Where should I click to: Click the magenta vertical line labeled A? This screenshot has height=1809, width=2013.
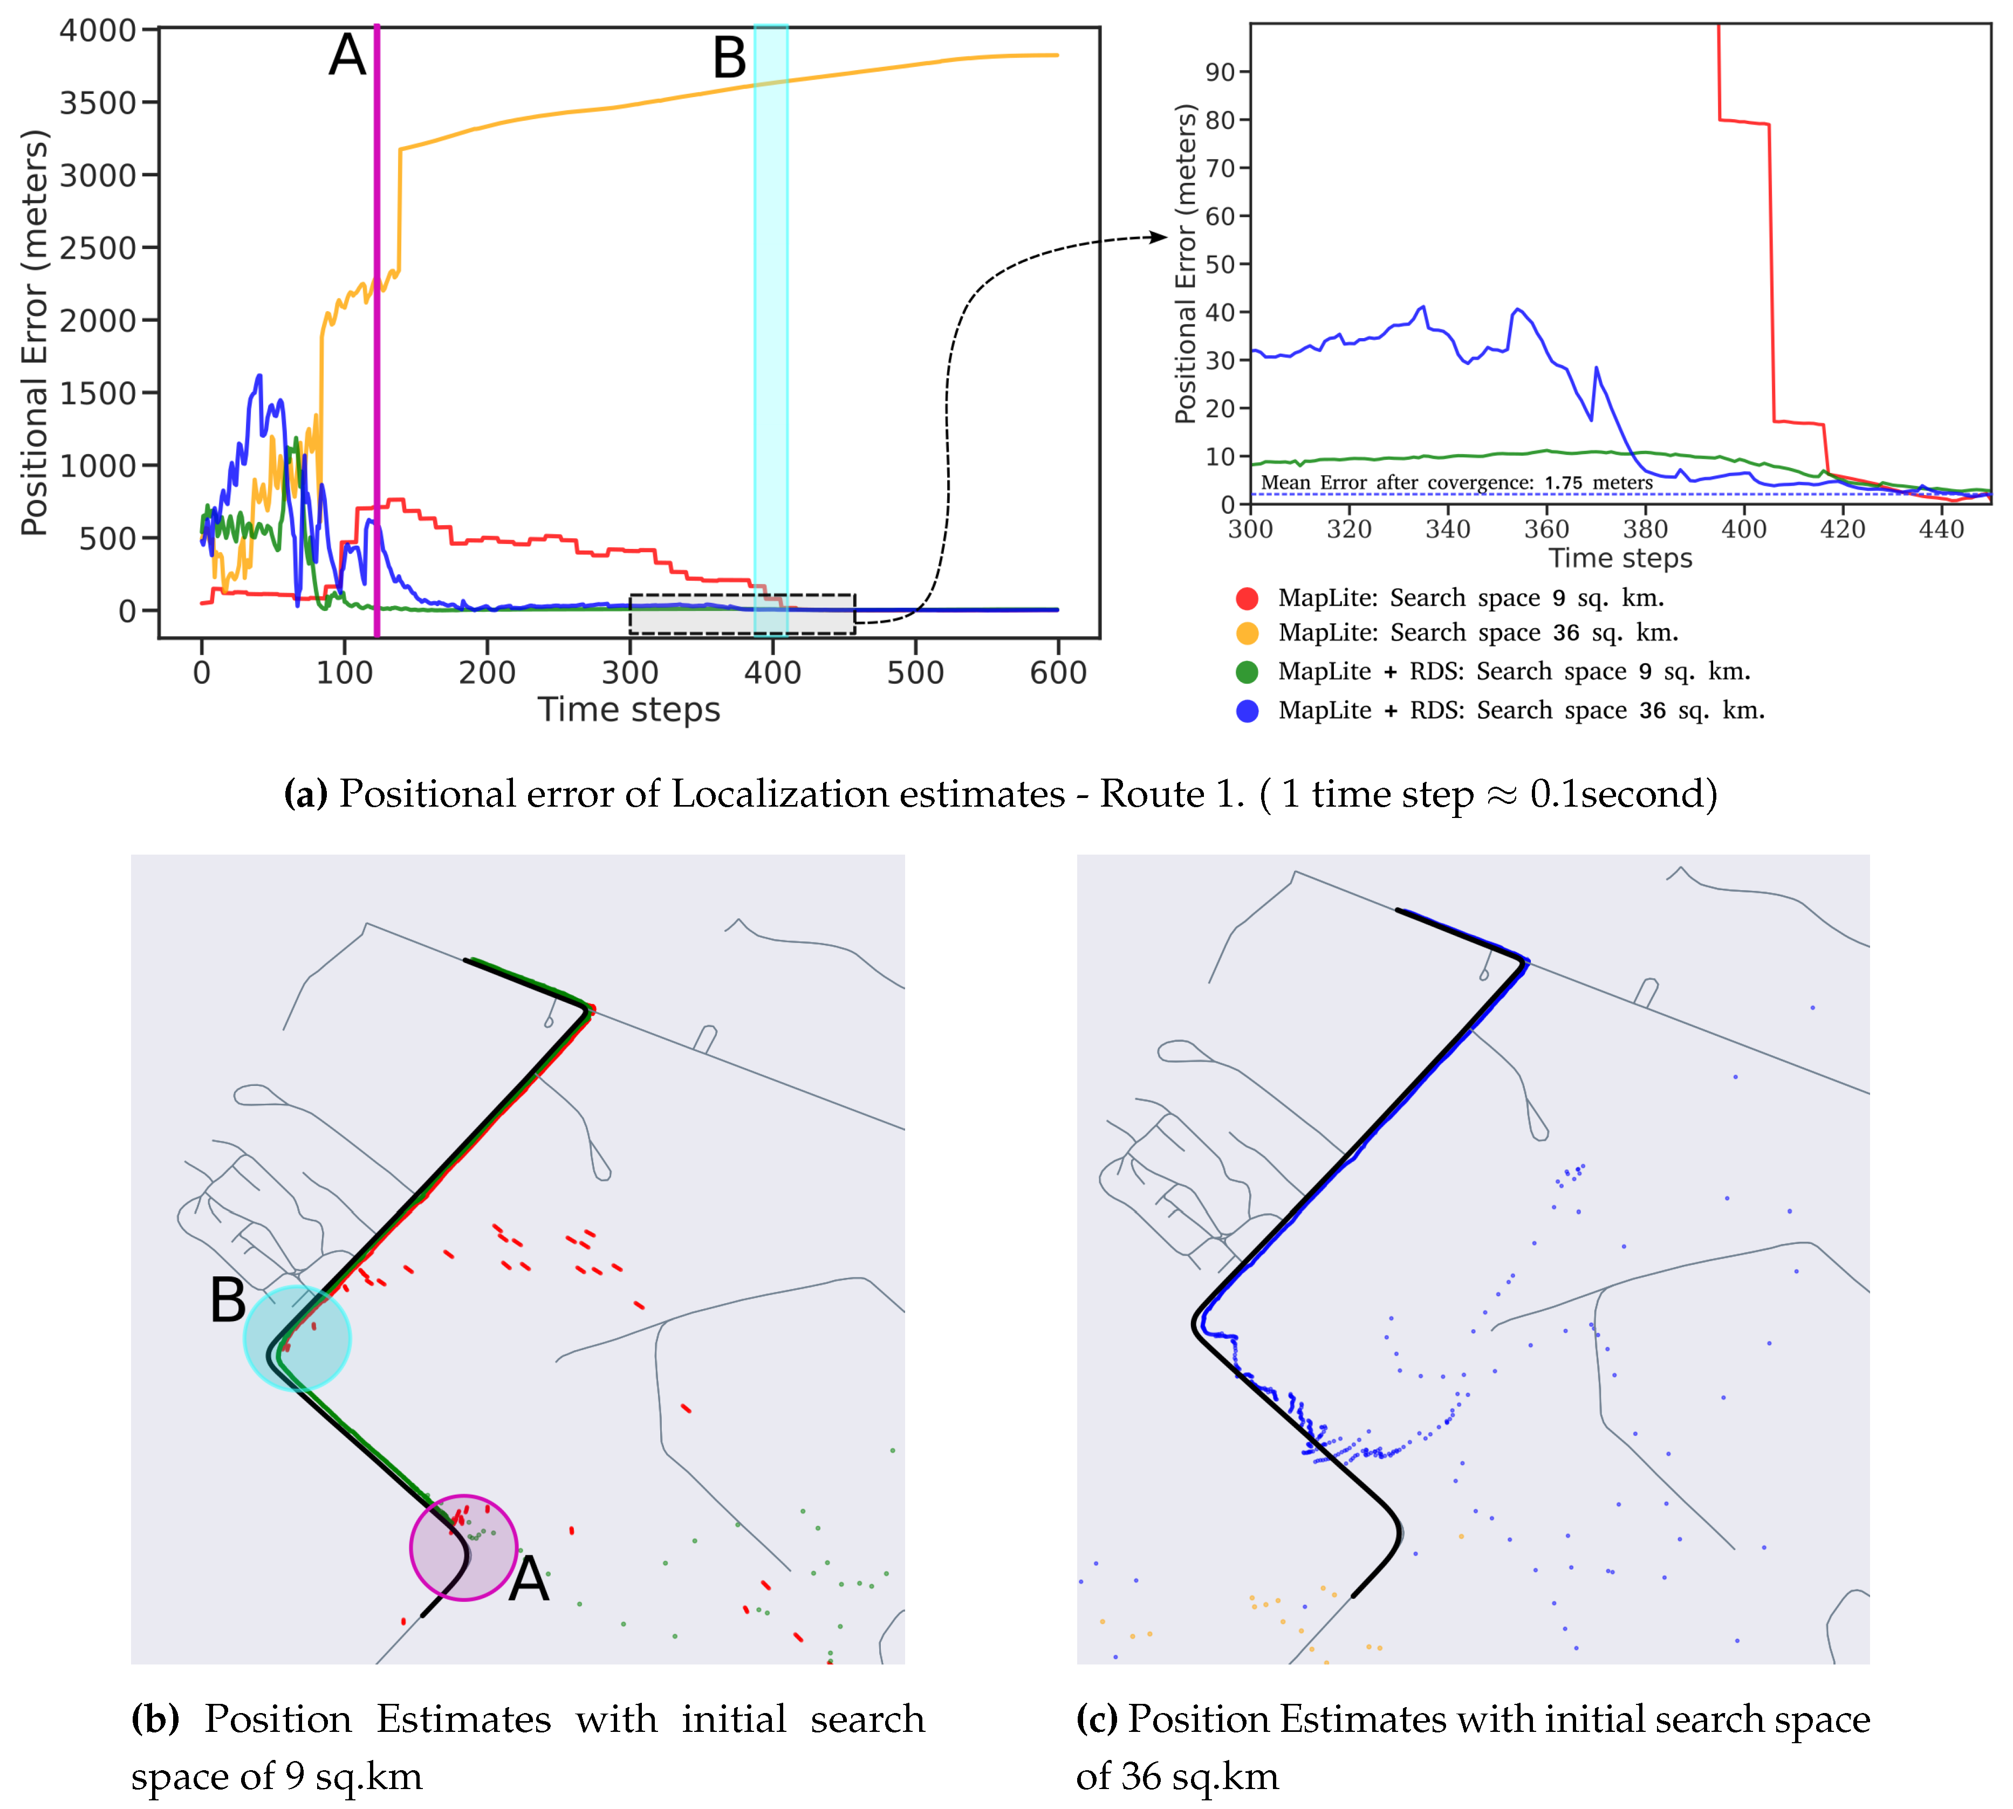point(376,328)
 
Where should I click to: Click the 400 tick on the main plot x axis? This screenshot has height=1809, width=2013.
point(772,673)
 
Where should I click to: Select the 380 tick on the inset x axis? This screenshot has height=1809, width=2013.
point(1645,529)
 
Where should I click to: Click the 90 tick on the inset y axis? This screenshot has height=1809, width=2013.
point(1220,73)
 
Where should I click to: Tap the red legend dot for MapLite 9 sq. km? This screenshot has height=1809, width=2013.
point(1247,599)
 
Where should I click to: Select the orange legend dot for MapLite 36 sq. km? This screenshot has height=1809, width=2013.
point(1247,633)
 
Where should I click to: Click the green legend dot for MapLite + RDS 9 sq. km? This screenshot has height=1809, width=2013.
point(1247,672)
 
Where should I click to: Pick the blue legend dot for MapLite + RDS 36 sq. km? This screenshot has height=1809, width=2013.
point(1247,711)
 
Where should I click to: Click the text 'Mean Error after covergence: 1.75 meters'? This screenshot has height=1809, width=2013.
point(1456,483)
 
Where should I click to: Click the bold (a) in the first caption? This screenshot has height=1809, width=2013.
point(305,794)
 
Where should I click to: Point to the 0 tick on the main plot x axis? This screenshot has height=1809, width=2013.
point(202,673)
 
